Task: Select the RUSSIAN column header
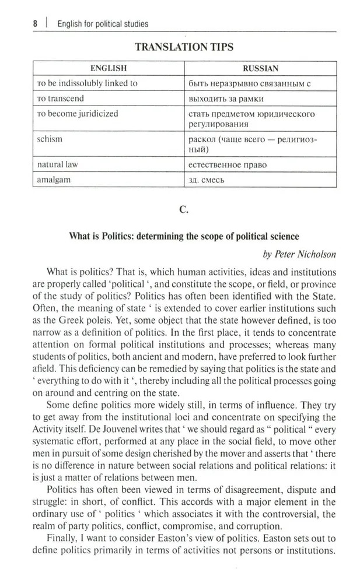click(260, 68)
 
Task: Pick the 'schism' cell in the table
click(50, 139)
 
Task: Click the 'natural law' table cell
click(57, 164)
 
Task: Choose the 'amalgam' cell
click(54, 180)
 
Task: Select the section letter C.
click(184, 209)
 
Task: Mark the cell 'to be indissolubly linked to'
click(87, 83)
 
